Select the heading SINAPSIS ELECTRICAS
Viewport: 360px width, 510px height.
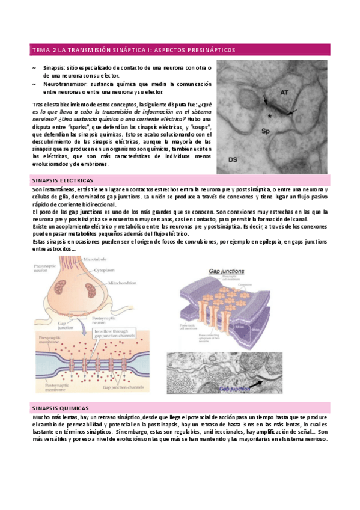tap(61, 180)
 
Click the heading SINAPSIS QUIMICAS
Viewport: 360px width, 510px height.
tap(59, 407)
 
